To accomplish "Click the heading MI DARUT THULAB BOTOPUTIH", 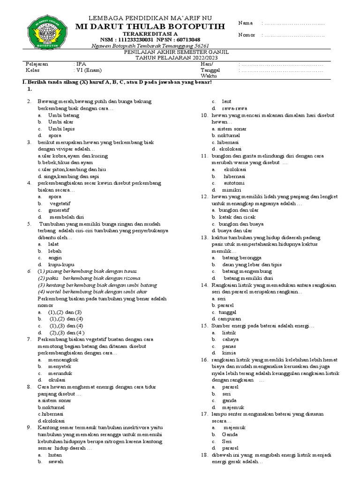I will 150,26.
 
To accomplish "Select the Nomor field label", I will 247,35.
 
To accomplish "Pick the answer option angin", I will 55,258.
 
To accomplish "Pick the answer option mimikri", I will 231,190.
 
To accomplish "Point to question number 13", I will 204,238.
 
